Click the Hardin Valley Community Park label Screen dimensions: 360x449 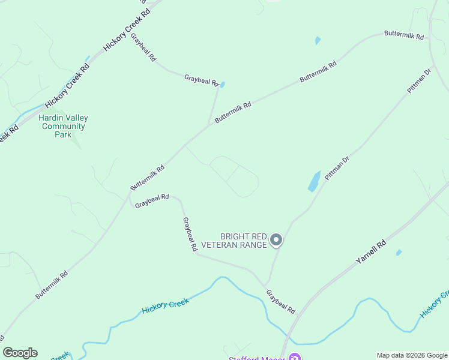(62, 126)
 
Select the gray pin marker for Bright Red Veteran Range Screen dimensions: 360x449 (276, 240)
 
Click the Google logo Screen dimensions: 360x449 (20, 353)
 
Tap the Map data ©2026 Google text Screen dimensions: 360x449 (412, 355)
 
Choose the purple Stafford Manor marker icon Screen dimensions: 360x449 (294, 358)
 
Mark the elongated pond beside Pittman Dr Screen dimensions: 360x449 (314, 181)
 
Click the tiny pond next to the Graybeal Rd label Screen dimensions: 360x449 (223, 85)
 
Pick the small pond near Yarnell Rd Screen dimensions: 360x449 (399, 253)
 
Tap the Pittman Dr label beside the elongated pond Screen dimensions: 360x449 (337, 169)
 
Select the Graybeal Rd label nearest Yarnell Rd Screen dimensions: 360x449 (281, 302)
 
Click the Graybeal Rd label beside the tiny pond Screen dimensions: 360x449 (201, 79)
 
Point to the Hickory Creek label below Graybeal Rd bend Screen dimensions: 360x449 (165, 306)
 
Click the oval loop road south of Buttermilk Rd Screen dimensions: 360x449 (235, 176)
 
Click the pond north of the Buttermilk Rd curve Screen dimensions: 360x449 (318, 41)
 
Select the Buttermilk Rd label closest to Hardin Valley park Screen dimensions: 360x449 (148, 179)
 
